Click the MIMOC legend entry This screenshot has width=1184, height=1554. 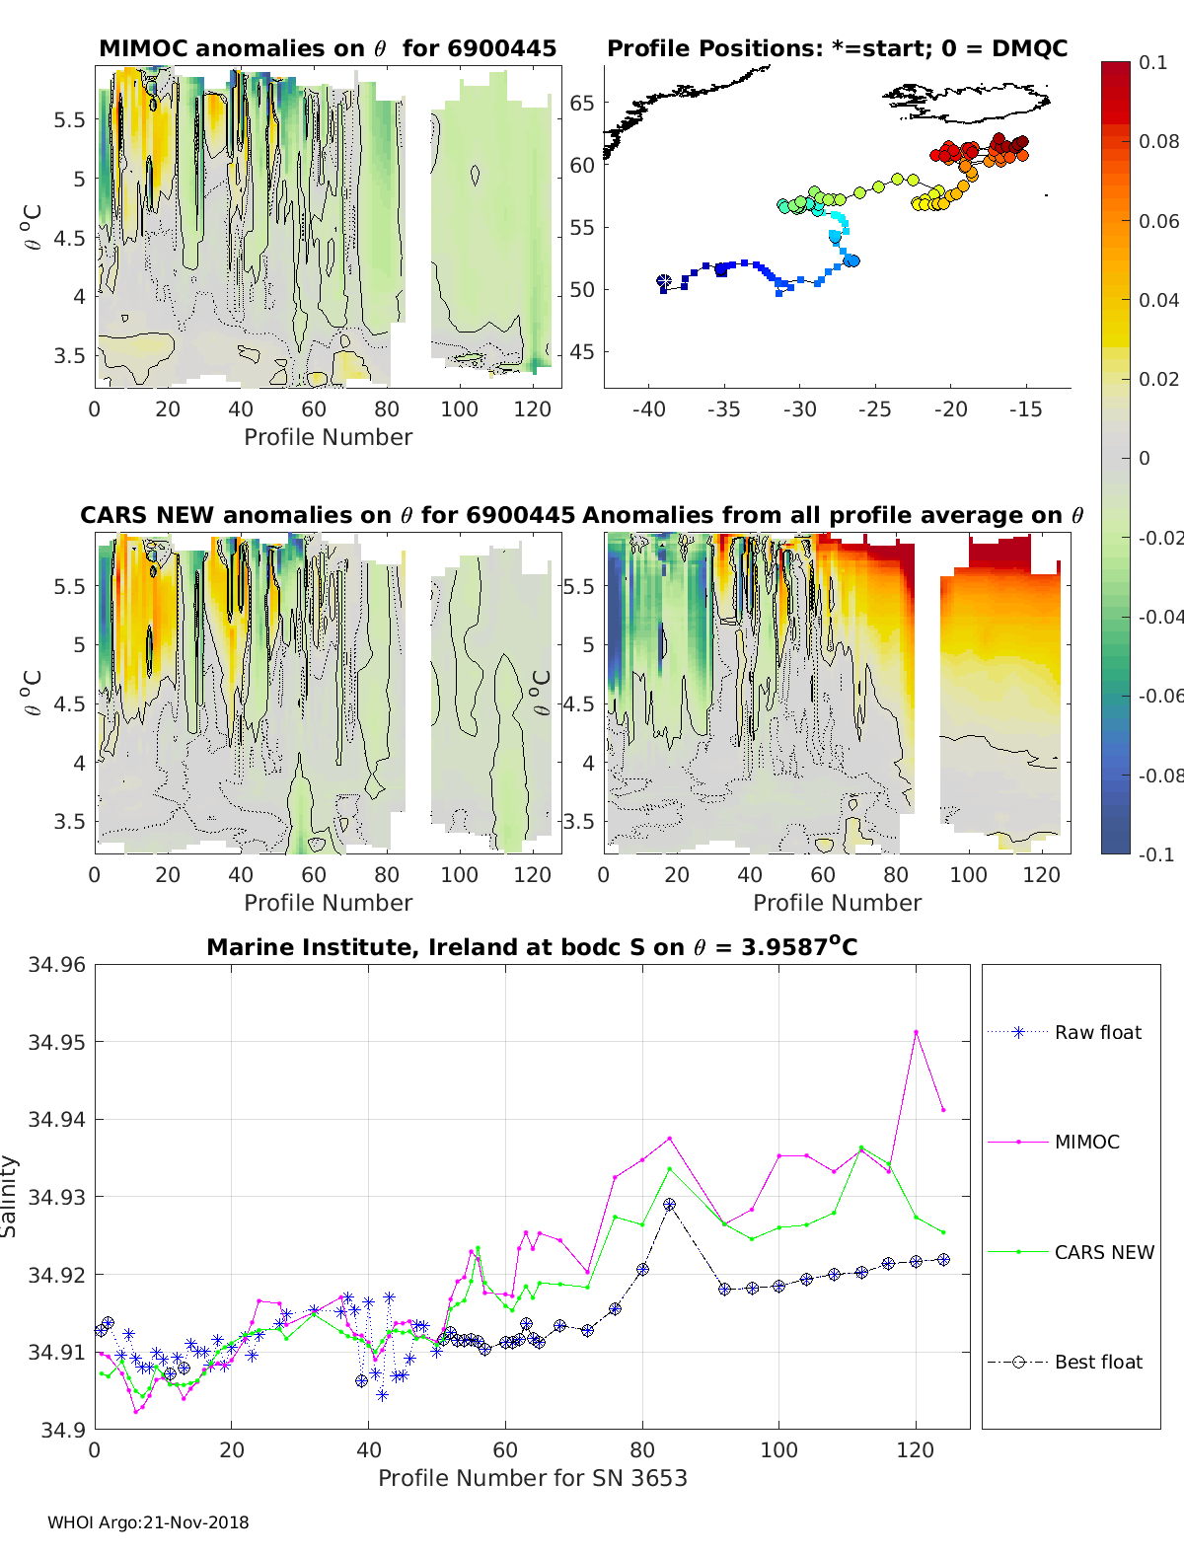[x=1086, y=1142]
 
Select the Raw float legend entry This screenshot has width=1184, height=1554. [x=1097, y=1032]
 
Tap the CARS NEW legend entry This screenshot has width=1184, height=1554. [x=1104, y=1252]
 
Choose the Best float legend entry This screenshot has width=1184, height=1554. [x=1098, y=1362]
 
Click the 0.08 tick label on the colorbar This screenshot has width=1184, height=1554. [x=1158, y=141]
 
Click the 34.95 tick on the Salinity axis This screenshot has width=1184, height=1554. [x=57, y=1042]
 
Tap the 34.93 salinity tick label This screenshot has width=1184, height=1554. [x=57, y=1197]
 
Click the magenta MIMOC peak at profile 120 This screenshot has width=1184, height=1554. [x=916, y=1032]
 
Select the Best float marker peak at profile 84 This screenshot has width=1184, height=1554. [x=670, y=1205]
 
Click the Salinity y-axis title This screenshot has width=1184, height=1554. [x=10, y=1196]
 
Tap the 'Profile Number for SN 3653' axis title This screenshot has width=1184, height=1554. [x=532, y=1478]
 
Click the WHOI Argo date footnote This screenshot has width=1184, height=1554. [x=148, y=1522]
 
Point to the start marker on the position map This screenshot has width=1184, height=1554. [x=664, y=282]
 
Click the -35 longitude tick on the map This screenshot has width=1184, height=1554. [x=723, y=409]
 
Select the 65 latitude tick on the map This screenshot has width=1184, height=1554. [x=582, y=103]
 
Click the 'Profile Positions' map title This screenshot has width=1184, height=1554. [x=837, y=48]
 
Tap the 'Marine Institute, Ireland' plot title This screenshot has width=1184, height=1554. [x=532, y=947]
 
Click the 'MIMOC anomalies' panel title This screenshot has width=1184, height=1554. [x=328, y=48]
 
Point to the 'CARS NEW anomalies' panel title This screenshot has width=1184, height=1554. [x=328, y=515]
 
